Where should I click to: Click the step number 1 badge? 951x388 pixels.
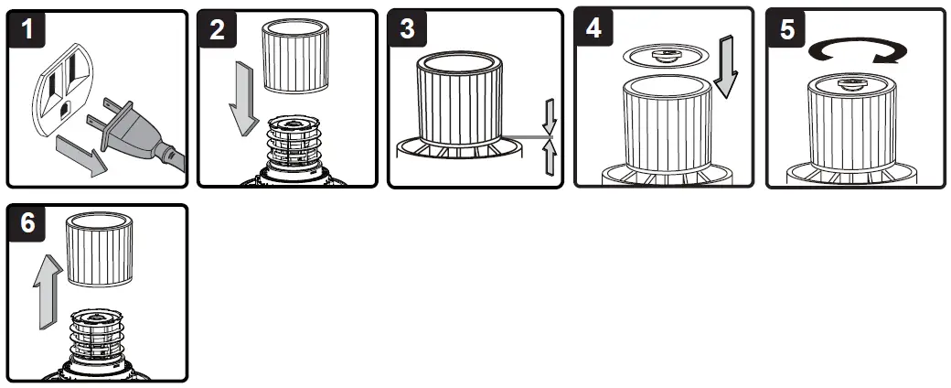[x=27, y=29]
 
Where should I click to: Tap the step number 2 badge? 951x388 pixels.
[x=217, y=29]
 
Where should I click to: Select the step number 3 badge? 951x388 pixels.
[x=407, y=28]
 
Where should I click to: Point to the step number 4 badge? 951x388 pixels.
[x=593, y=27]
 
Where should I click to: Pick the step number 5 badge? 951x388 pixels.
[x=786, y=28]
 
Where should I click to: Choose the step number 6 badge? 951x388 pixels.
[x=27, y=223]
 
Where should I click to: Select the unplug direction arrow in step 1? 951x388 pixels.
[x=82, y=155]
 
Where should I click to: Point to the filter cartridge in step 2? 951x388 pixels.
[x=294, y=55]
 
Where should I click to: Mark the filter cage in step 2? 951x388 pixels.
[x=294, y=143]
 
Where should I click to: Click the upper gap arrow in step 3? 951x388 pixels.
[x=550, y=117]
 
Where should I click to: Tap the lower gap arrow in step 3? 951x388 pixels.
[x=550, y=156]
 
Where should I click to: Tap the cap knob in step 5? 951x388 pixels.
[x=852, y=84]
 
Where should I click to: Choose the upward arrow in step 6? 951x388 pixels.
[x=48, y=291]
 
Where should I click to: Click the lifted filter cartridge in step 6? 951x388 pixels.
[x=100, y=249]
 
